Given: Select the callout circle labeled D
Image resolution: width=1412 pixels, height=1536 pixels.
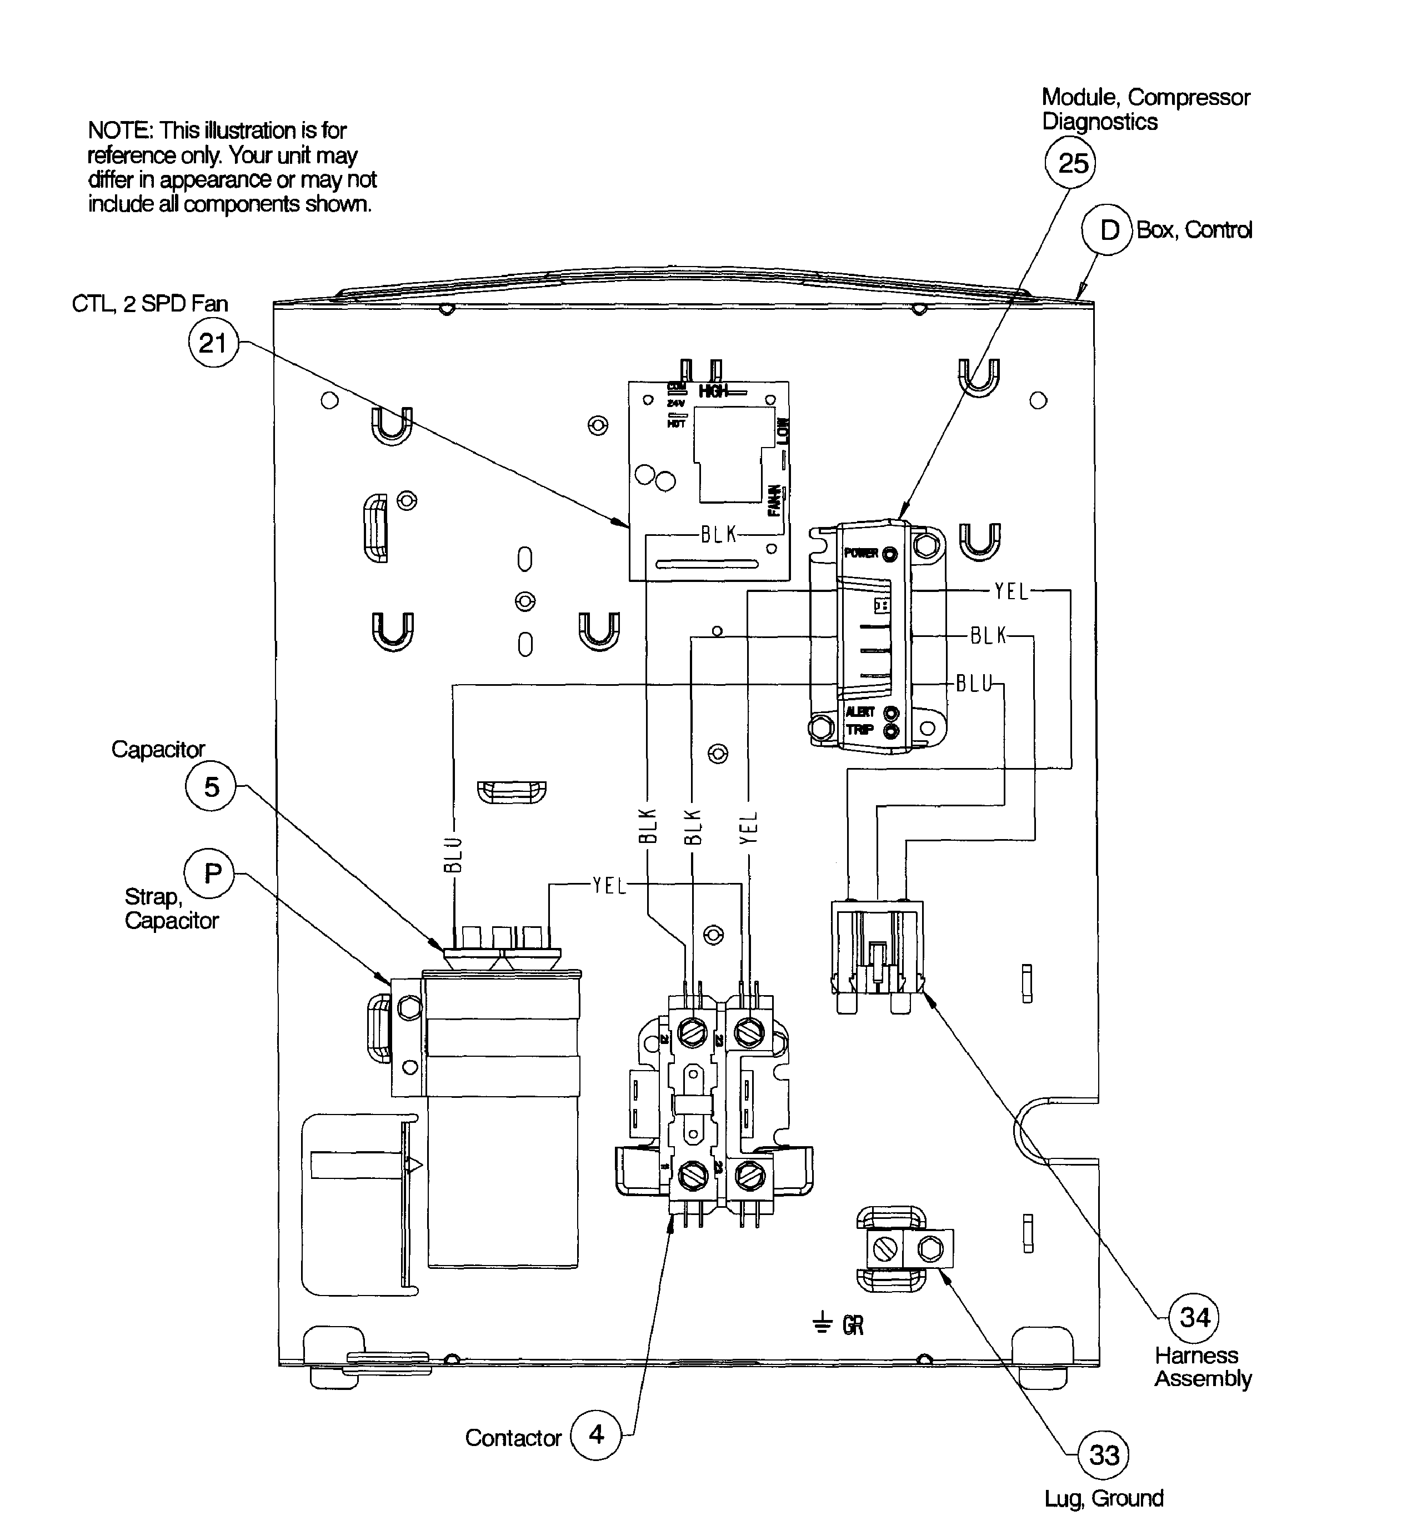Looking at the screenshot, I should click(x=1108, y=230).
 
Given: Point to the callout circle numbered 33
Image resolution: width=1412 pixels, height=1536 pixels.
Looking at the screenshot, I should click(x=1103, y=1455).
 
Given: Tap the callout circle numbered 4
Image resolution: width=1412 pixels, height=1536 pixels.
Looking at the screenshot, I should click(x=596, y=1434).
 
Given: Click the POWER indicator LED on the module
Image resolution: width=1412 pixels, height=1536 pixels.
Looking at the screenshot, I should click(x=889, y=554).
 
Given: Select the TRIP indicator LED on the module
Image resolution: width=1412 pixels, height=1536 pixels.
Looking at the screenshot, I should click(x=891, y=732).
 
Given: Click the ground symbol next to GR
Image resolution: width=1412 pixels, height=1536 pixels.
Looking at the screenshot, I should click(x=822, y=1323).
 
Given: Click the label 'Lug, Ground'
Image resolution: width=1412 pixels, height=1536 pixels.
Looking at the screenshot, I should click(x=1103, y=1499).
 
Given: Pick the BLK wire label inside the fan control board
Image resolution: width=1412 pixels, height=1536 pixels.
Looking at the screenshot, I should click(x=718, y=535).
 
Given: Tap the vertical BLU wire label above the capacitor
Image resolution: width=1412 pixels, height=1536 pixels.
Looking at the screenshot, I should click(x=454, y=855).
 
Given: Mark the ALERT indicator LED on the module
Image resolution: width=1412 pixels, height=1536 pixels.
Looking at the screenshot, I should click(x=891, y=714).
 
